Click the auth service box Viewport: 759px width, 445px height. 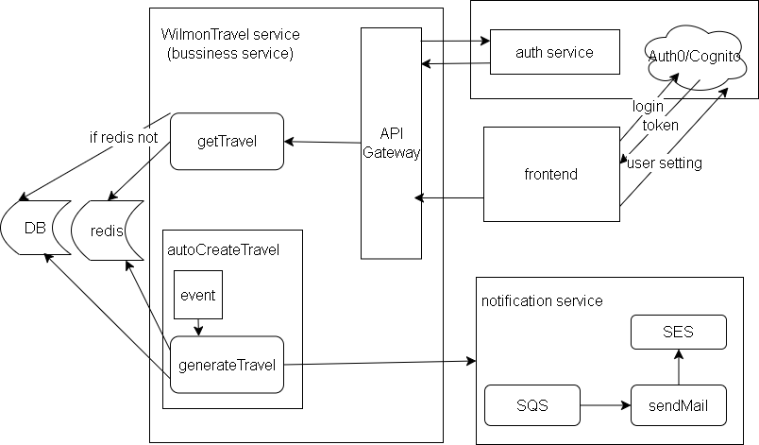[554, 52]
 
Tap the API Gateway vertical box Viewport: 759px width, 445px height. [391, 142]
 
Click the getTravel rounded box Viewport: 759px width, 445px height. [227, 142]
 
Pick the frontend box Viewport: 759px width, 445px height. [551, 175]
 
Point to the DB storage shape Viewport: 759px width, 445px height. [35, 229]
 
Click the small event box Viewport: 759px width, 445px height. [198, 295]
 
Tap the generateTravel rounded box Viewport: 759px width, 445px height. [227, 364]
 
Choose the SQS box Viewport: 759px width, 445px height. [531, 406]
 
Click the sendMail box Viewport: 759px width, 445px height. [678, 406]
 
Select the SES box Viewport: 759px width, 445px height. [678, 332]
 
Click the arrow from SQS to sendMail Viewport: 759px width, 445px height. [604, 406]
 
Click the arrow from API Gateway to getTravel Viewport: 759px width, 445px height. [322, 143]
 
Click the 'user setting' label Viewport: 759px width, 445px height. [665, 163]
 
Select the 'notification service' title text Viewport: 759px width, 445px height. [541, 301]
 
